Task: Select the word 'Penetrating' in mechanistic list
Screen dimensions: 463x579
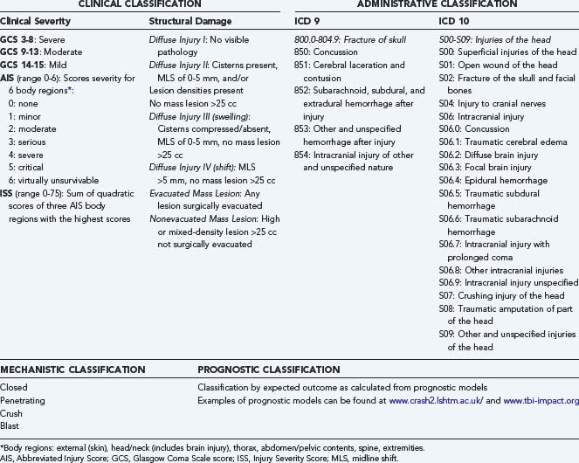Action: [x=24, y=400]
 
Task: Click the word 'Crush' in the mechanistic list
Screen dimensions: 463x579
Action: [x=13, y=413]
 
